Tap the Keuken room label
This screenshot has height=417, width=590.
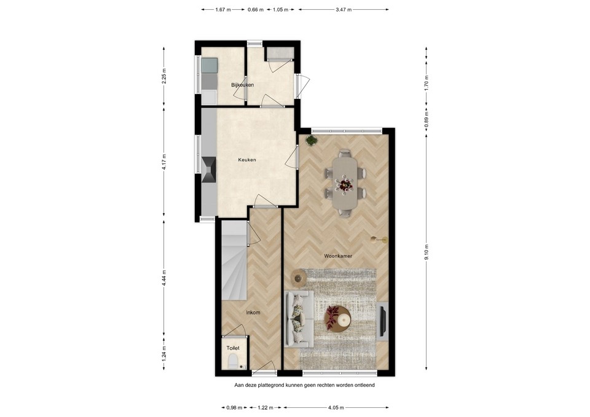[x=247, y=160]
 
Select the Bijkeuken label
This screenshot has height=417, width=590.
[x=243, y=85]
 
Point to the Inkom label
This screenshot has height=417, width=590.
[x=253, y=313]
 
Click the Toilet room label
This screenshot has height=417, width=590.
[x=232, y=348]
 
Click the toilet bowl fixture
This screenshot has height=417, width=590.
[x=234, y=364]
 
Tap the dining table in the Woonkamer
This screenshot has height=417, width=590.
[x=344, y=183]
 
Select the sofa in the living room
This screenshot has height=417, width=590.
[x=299, y=318]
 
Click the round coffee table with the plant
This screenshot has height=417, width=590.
[x=337, y=318]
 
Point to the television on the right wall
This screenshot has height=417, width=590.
[x=382, y=320]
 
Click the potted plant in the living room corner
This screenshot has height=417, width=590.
[x=312, y=140]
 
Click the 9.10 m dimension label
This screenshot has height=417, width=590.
[x=426, y=251]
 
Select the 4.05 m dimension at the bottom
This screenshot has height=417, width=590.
[x=336, y=407]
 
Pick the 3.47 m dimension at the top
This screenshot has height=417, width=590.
[x=344, y=10]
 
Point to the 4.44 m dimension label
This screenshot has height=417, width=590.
[x=163, y=275]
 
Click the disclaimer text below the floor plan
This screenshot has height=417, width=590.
[x=304, y=386]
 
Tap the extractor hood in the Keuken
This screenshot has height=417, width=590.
[x=209, y=169]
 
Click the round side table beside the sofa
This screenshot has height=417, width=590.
[x=299, y=278]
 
